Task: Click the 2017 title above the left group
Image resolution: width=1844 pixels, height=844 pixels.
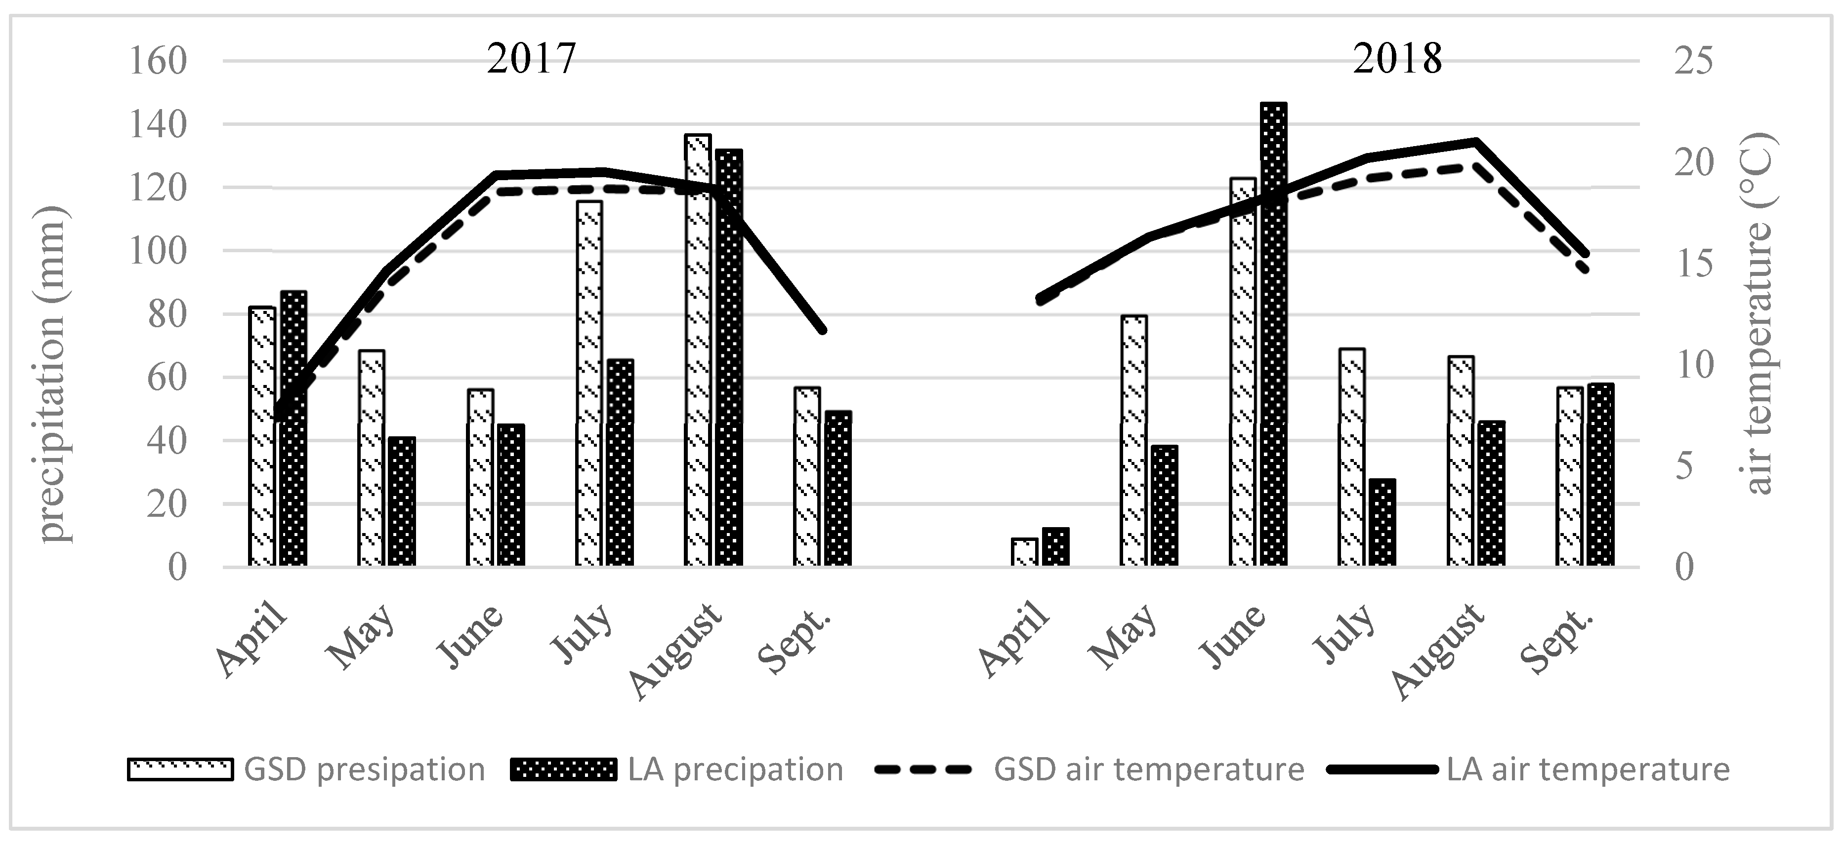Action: pyautogui.click(x=531, y=59)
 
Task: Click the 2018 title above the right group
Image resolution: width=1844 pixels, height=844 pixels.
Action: pyautogui.click(x=1397, y=59)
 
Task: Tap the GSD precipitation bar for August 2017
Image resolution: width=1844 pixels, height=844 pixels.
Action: pyautogui.click(x=697, y=350)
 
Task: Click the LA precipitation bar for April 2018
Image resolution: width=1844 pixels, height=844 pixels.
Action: pyautogui.click(x=1055, y=547)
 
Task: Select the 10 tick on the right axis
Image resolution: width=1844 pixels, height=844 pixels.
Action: pyautogui.click(x=1693, y=365)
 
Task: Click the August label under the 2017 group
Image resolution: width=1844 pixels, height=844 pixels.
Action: pyautogui.click(x=676, y=651)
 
